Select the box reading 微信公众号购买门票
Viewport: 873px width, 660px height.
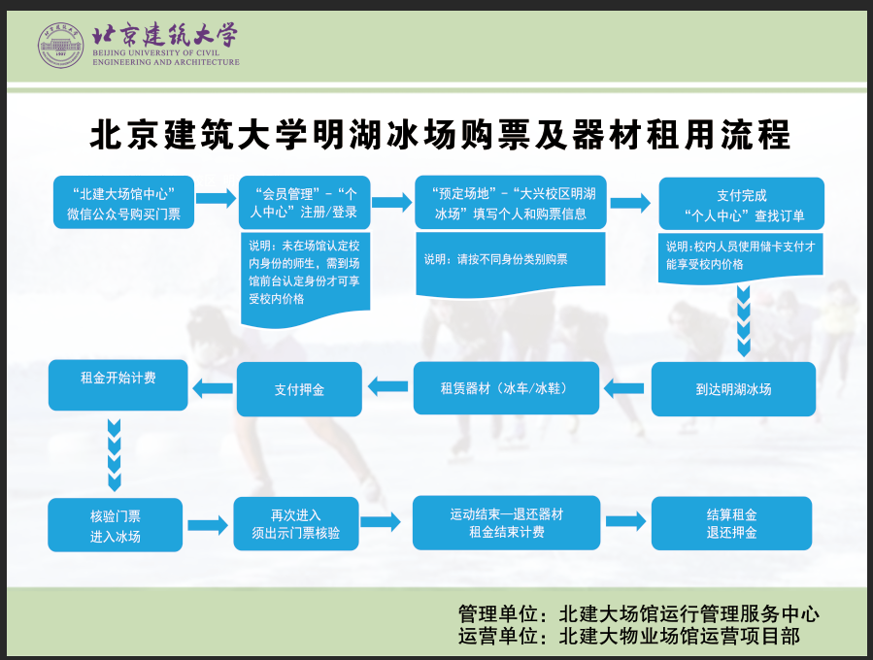point(124,202)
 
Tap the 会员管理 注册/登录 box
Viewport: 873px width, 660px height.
point(304,202)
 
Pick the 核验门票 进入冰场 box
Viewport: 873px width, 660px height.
point(115,524)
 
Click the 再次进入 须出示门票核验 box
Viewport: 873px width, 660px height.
point(295,524)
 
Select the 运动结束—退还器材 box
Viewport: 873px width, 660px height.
point(506,523)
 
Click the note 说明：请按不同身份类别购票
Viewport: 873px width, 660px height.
point(496,260)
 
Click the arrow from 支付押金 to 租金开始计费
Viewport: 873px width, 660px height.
point(211,389)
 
